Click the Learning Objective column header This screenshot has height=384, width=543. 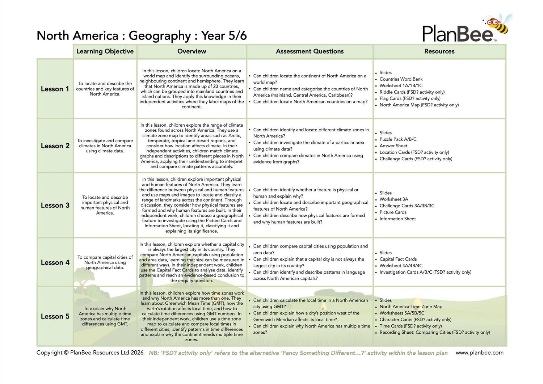[x=105, y=51]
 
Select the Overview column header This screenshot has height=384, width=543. [x=191, y=51]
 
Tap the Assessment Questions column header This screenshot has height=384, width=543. [x=310, y=51]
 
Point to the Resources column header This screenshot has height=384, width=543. [x=439, y=51]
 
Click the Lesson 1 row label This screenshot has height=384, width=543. [x=55, y=89]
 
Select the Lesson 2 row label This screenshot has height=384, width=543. [x=55, y=146]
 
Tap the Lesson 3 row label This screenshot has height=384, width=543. [x=55, y=205]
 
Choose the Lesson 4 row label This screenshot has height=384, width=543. [x=55, y=262]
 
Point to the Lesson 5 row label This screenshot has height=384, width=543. [x=55, y=316]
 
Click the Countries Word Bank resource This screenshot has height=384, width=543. [x=401, y=79]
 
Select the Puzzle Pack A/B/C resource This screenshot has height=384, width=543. [x=398, y=139]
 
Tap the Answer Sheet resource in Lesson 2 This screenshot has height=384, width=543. [x=393, y=146]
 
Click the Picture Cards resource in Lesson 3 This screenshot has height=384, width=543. [x=393, y=212]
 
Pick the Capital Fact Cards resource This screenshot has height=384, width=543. [x=398, y=259]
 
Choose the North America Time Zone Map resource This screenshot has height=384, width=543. [x=411, y=307]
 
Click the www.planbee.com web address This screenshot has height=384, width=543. [x=479, y=353]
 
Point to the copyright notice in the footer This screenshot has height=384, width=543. [x=90, y=353]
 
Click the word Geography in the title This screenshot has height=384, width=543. [x=160, y=36]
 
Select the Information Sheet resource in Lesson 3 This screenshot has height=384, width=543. [x=397, y=219]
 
